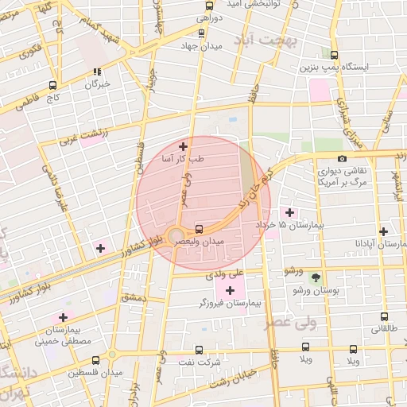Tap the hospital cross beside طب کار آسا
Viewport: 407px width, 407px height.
[x=184, y=146]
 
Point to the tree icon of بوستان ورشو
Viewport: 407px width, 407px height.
[x=316, y=277]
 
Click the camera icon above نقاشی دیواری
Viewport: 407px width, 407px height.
[x=342, y=158]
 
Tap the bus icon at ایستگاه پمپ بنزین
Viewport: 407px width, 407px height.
[x=334, y=55]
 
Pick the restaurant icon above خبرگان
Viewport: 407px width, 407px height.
[x=97, y=71]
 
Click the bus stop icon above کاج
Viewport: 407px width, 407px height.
[x=52, y=85]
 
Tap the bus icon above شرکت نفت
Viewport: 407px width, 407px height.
[x=198, y=349]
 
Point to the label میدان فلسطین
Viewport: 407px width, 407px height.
[x=94, y=373]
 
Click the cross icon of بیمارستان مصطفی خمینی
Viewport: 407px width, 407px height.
[x=62, y=317]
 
